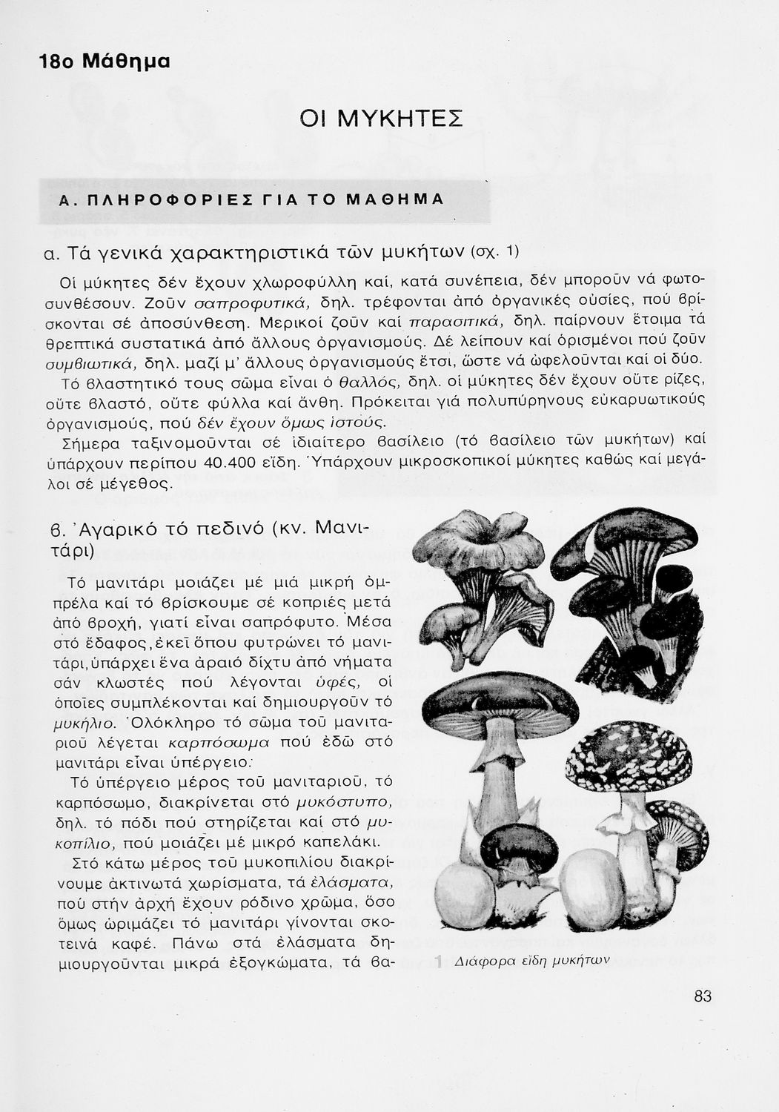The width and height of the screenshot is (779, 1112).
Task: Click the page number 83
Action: (x=703, y=997)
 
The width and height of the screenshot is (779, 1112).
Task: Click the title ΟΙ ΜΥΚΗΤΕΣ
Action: (x=382, y=119)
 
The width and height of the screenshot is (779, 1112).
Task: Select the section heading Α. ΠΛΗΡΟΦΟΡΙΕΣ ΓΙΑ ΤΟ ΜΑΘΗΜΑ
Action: (x=251, y=200)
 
